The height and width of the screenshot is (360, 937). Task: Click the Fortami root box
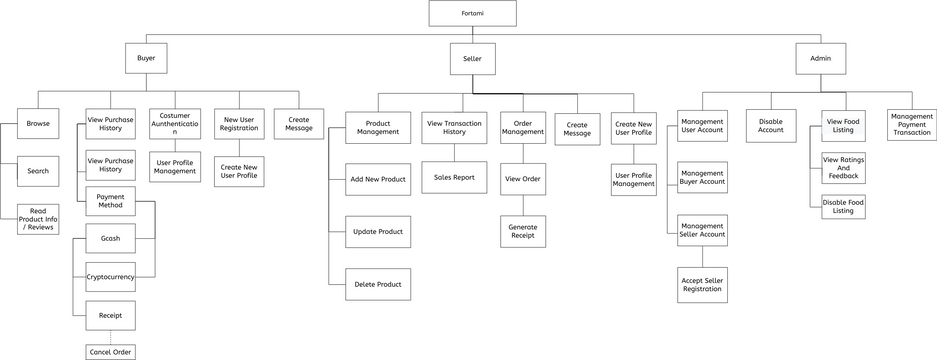[472, 13]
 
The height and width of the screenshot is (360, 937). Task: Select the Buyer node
[146, 58]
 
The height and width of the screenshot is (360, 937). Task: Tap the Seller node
[472, 59]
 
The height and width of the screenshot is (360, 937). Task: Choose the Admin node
[820, 59]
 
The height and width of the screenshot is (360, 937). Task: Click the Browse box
[38, 124]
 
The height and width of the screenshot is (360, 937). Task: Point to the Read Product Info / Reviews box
[38, 219]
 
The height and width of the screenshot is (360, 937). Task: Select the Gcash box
[110, 239]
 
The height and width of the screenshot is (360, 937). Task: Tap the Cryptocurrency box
[110, 277]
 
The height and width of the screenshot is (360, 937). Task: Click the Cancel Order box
[110, 352]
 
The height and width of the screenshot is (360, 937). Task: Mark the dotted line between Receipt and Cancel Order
[110, 337]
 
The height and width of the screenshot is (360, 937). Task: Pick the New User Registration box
[239, 124]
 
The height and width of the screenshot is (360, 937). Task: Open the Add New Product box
[378, 179]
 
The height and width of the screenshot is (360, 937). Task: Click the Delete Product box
[378, 284]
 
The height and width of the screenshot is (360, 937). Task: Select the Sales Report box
[454, 177]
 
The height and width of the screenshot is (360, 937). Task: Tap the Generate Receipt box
[523, 231]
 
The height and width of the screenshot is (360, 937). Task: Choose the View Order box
[523, 179]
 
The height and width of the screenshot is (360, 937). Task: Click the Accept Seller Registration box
[702, 284]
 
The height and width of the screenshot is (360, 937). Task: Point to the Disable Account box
[771, 126]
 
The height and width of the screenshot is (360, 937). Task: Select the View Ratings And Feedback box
[843, 168]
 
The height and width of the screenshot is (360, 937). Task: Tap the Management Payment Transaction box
[911, 125]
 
